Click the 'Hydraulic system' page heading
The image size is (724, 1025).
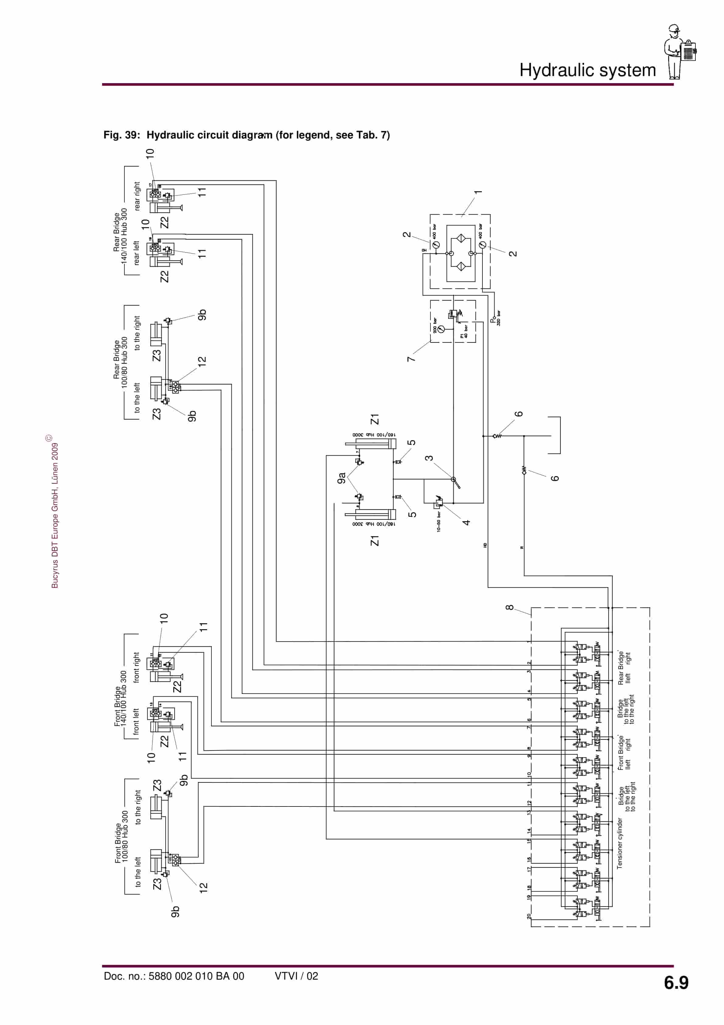(x=587, y=70)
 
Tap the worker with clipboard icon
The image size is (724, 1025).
(x=680, y=51)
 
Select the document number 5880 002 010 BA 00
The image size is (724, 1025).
(x=174, y=976)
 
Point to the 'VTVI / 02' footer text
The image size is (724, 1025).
(x=296, y=976)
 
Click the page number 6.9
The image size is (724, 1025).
(x=676, y=983)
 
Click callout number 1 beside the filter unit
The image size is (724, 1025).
(x=478, y=192)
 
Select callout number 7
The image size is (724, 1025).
(x=411, y=359)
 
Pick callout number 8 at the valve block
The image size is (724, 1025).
(x=509, y=607)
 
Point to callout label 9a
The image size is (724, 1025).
(x=342, y=478)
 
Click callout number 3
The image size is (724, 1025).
(x=429, y=458)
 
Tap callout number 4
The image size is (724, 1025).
(x=466, y=522)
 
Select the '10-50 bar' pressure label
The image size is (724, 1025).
(x=439, y=521)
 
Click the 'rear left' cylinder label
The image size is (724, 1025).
(x=137, y=253)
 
